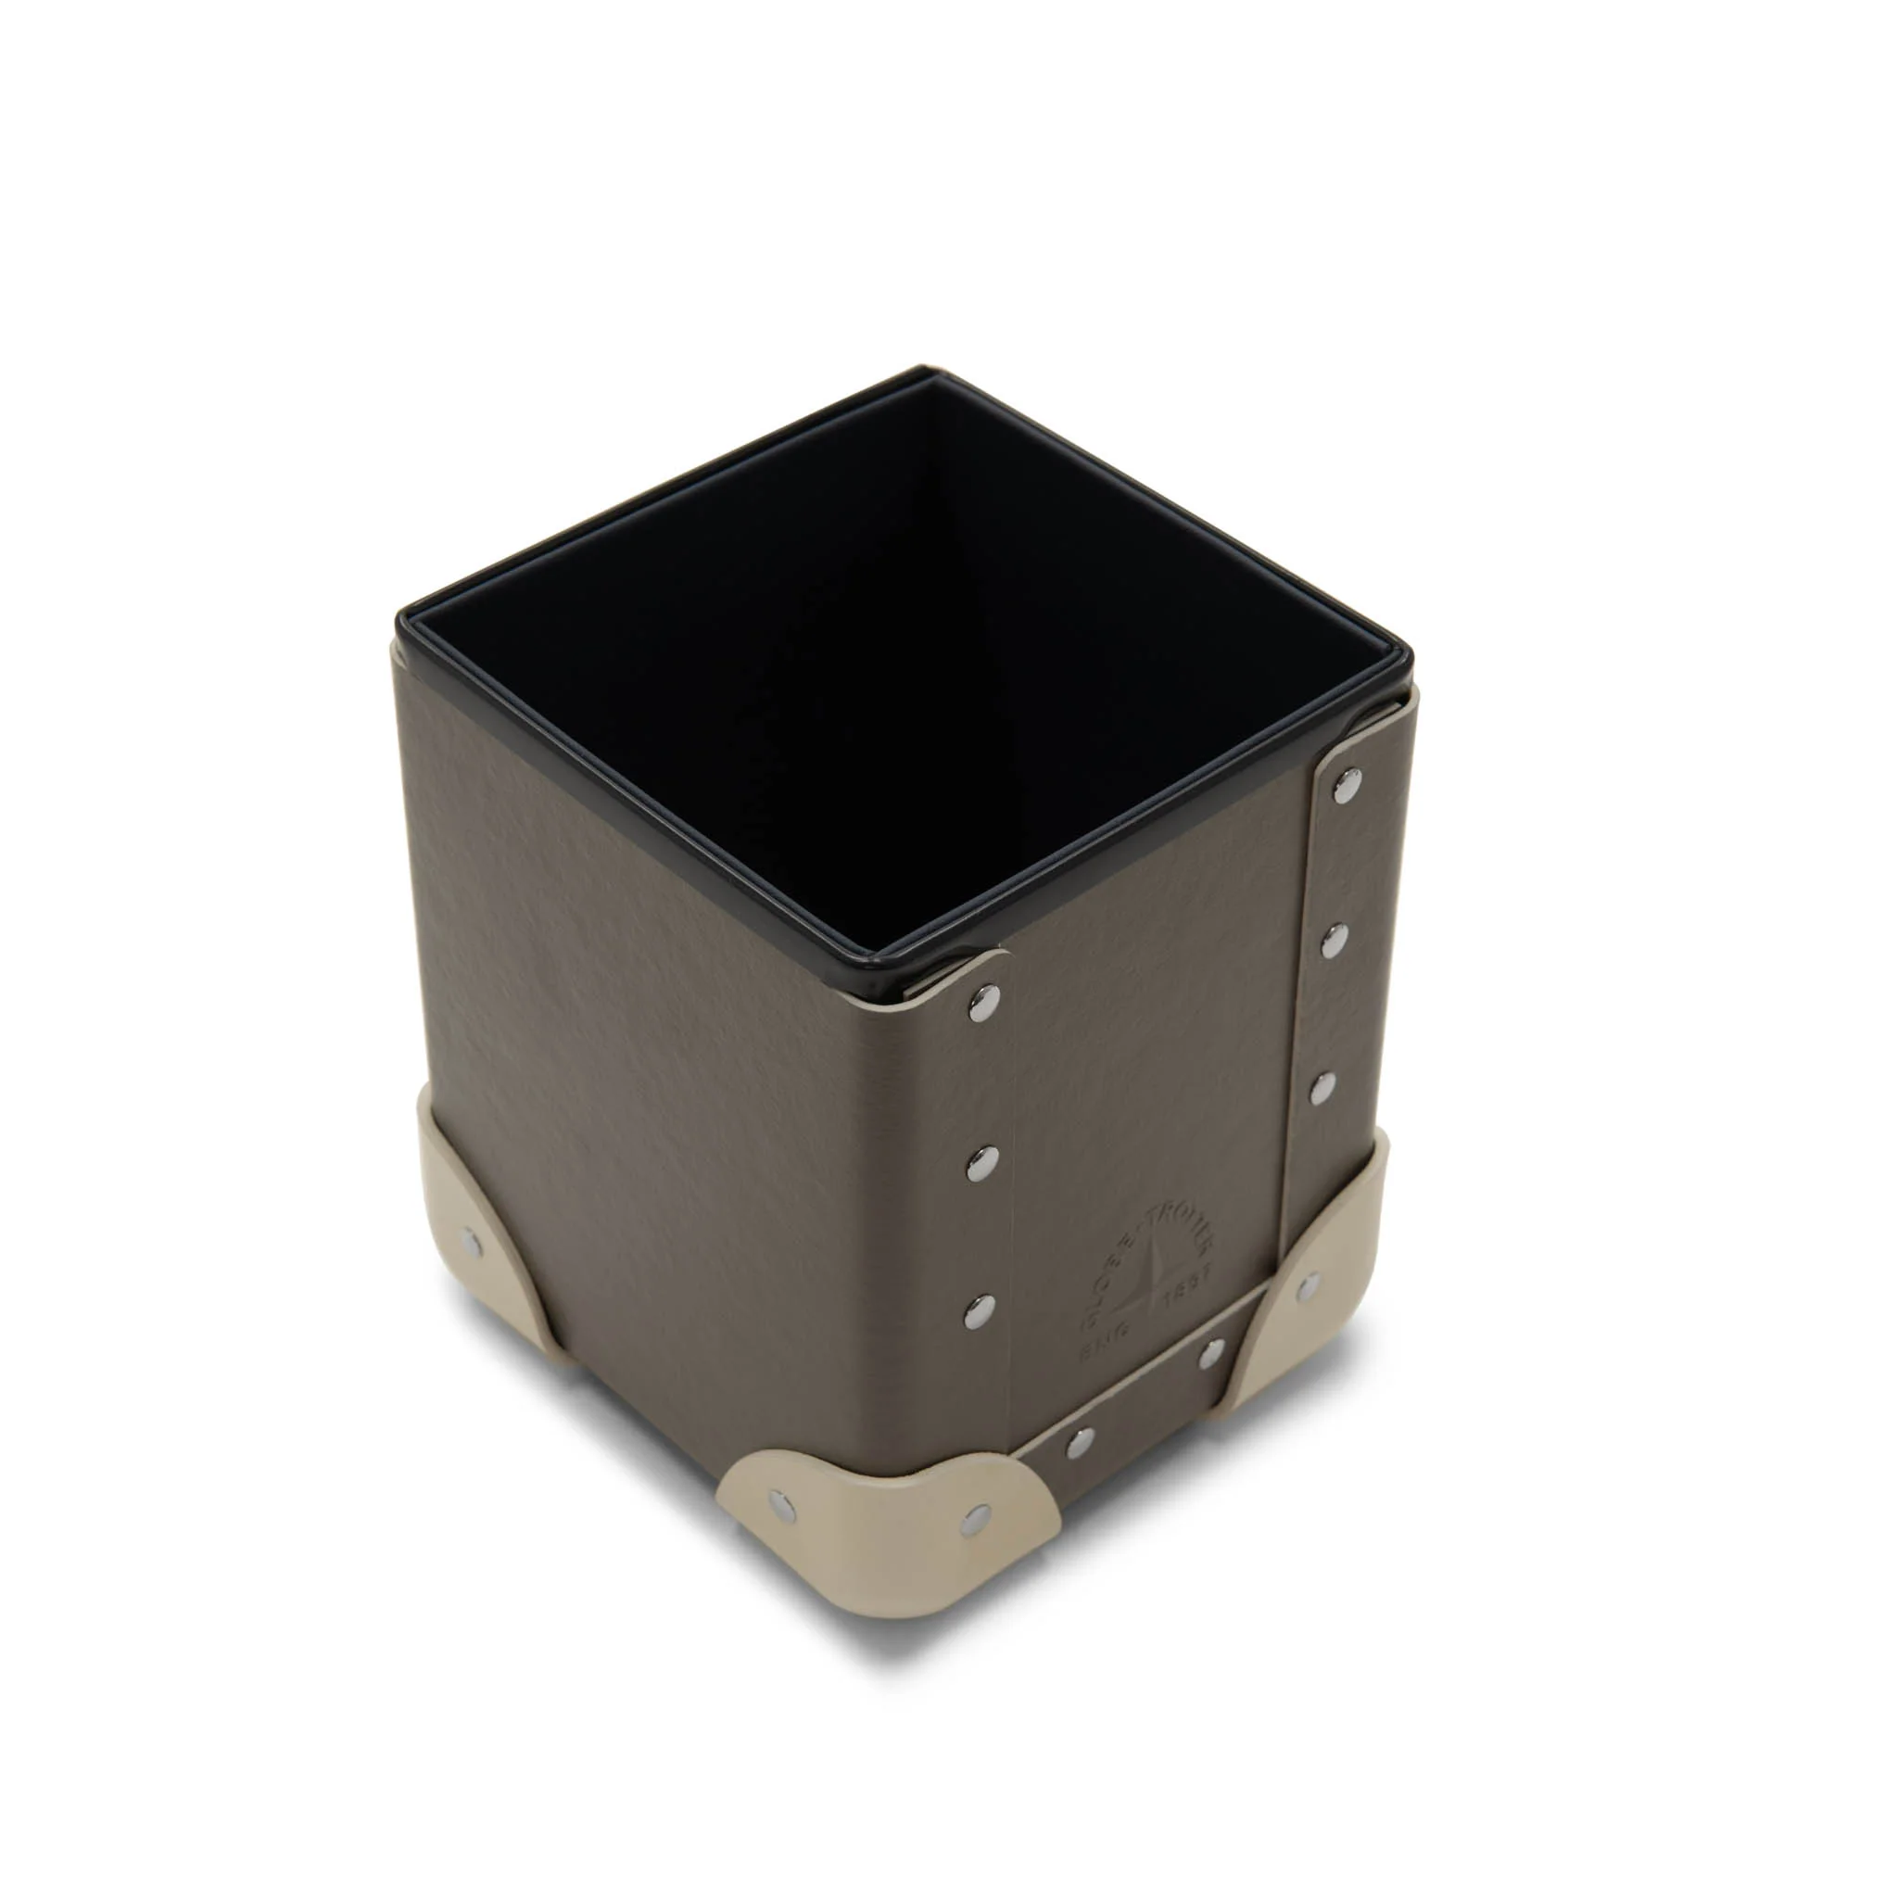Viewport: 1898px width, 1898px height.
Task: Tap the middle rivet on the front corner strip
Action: click(x=980, y=1166)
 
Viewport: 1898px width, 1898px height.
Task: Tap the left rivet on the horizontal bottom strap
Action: click(x=1080, y=1443)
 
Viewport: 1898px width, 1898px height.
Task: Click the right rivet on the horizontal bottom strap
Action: click(x=1212, y=1353)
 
